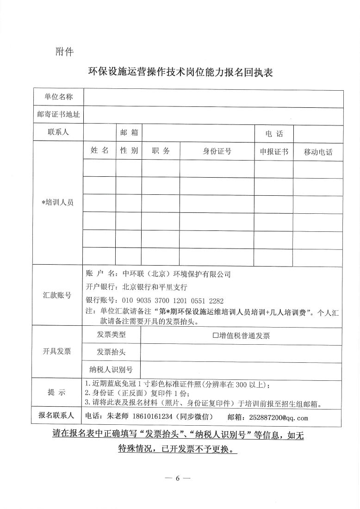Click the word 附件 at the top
point(64,51)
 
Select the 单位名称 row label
point(58,97)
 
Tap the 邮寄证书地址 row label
point(58,114)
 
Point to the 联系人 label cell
point(58,132)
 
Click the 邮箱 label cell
point(129,132)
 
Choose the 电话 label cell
point(273,134)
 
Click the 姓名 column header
point(99,151)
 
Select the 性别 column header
point(129,151)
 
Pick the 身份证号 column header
point(217,151)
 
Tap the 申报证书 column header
point(273,151)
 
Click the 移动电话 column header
point(318,152)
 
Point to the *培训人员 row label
point(58,203)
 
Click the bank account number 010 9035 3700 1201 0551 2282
point(172,299)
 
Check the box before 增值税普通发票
point(215,336)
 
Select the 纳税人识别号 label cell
point(111,369)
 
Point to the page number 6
point(177,478)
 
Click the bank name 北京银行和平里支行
point(149,286)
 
